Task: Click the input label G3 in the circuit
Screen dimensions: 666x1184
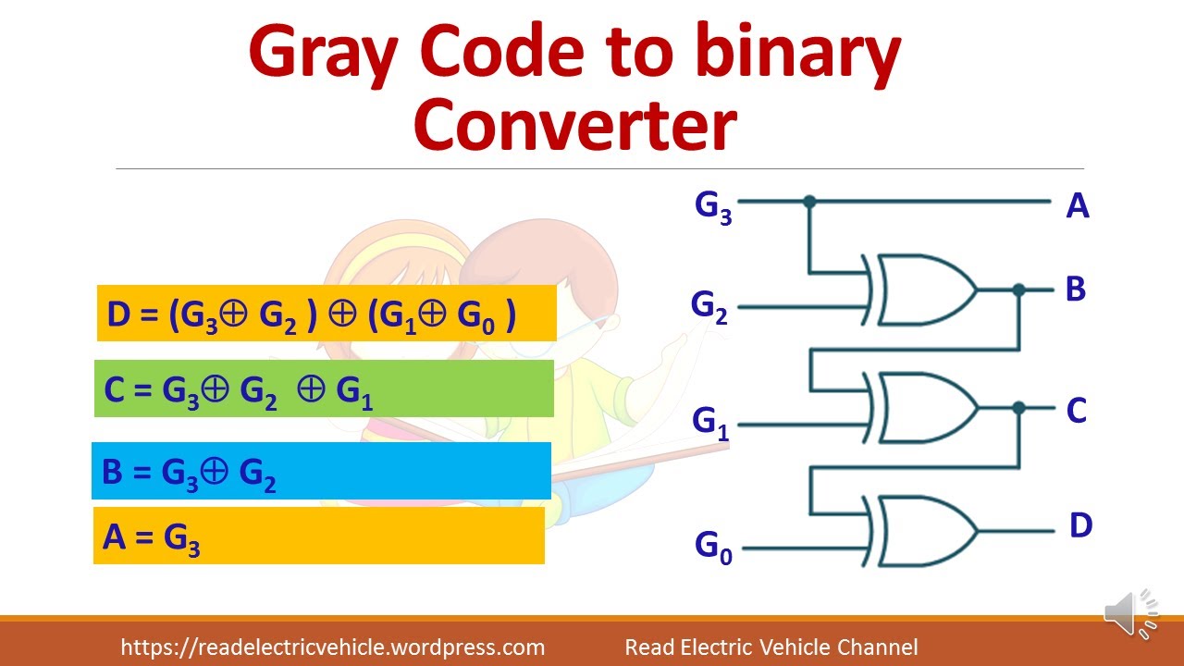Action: click(713, 207)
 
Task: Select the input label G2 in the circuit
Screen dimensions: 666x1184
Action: click(709, 307)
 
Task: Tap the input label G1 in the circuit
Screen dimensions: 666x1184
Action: click(710, 423)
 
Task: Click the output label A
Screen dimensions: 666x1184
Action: click(1077, 206)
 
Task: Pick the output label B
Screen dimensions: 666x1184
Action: click(1075, 290)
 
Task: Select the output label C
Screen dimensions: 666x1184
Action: click(1076, 411)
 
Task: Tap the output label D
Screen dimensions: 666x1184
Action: click(1080, 526)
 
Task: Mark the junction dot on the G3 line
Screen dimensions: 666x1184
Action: click(809, 201)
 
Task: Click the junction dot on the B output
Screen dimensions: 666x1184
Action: click(1018, 290)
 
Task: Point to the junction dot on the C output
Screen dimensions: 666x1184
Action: click(1018, 408)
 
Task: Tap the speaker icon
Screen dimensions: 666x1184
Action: click(1129, 613)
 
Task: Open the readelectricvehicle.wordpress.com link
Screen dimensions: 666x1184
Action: click(332, 647)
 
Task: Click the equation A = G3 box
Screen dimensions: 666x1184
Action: click(318, 536)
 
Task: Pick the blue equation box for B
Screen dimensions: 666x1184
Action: click(321, 471)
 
